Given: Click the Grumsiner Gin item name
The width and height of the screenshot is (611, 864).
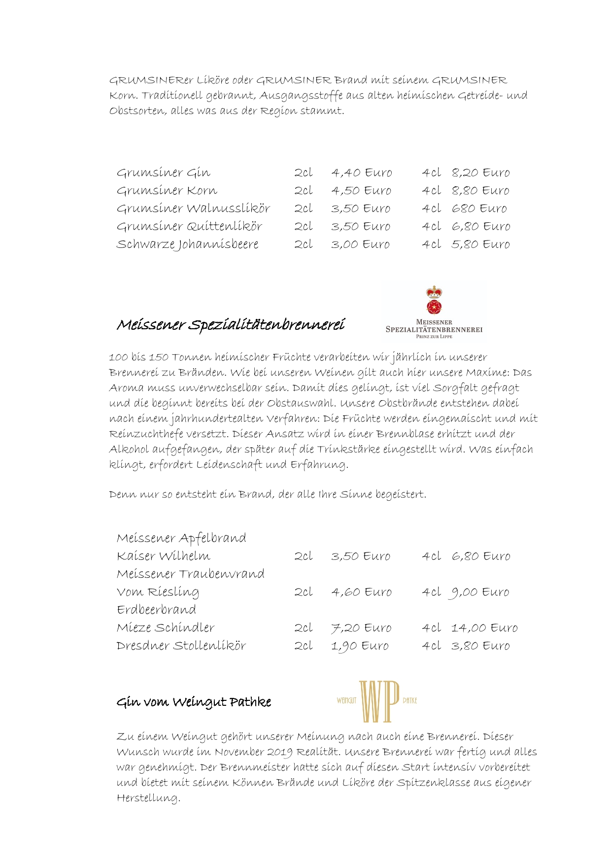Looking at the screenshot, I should click(164, 173).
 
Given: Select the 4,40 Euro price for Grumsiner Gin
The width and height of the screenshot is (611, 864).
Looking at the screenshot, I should click(362, 173).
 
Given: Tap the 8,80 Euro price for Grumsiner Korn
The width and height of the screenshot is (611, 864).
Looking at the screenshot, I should click(480, 191).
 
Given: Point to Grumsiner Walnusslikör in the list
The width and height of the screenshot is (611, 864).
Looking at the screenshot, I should click(193, 208).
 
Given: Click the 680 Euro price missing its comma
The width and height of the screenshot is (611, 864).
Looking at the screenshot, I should click(479, 208).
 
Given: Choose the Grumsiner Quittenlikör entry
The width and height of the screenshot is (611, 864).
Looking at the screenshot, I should click(189, 227).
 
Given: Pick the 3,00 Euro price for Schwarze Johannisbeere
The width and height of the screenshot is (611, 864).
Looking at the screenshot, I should click(360, 244).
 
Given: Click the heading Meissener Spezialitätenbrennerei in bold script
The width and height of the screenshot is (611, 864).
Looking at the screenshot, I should click(231, 325).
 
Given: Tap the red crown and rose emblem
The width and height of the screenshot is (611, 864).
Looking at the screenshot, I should click(434, 300).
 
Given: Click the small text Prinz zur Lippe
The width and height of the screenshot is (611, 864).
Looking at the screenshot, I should click(434, 337).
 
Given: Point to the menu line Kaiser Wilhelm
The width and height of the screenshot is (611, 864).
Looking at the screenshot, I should click(164, 556).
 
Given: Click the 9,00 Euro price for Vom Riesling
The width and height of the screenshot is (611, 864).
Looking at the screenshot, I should click(479, 592).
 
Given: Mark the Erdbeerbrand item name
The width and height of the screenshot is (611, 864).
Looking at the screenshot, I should click(157, 610).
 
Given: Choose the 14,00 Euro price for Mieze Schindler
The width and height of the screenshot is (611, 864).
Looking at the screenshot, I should click(484, 628).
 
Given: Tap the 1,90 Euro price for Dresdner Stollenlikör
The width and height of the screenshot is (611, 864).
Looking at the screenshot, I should click(360, 646).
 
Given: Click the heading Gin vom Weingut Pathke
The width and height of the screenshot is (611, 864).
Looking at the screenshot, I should click(194, 702).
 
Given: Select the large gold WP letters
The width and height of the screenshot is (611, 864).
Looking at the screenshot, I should click(378, 701).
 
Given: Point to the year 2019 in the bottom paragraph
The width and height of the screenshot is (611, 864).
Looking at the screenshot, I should click(279, 752).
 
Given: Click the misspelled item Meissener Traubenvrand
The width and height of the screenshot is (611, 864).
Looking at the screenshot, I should click(191, 574).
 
